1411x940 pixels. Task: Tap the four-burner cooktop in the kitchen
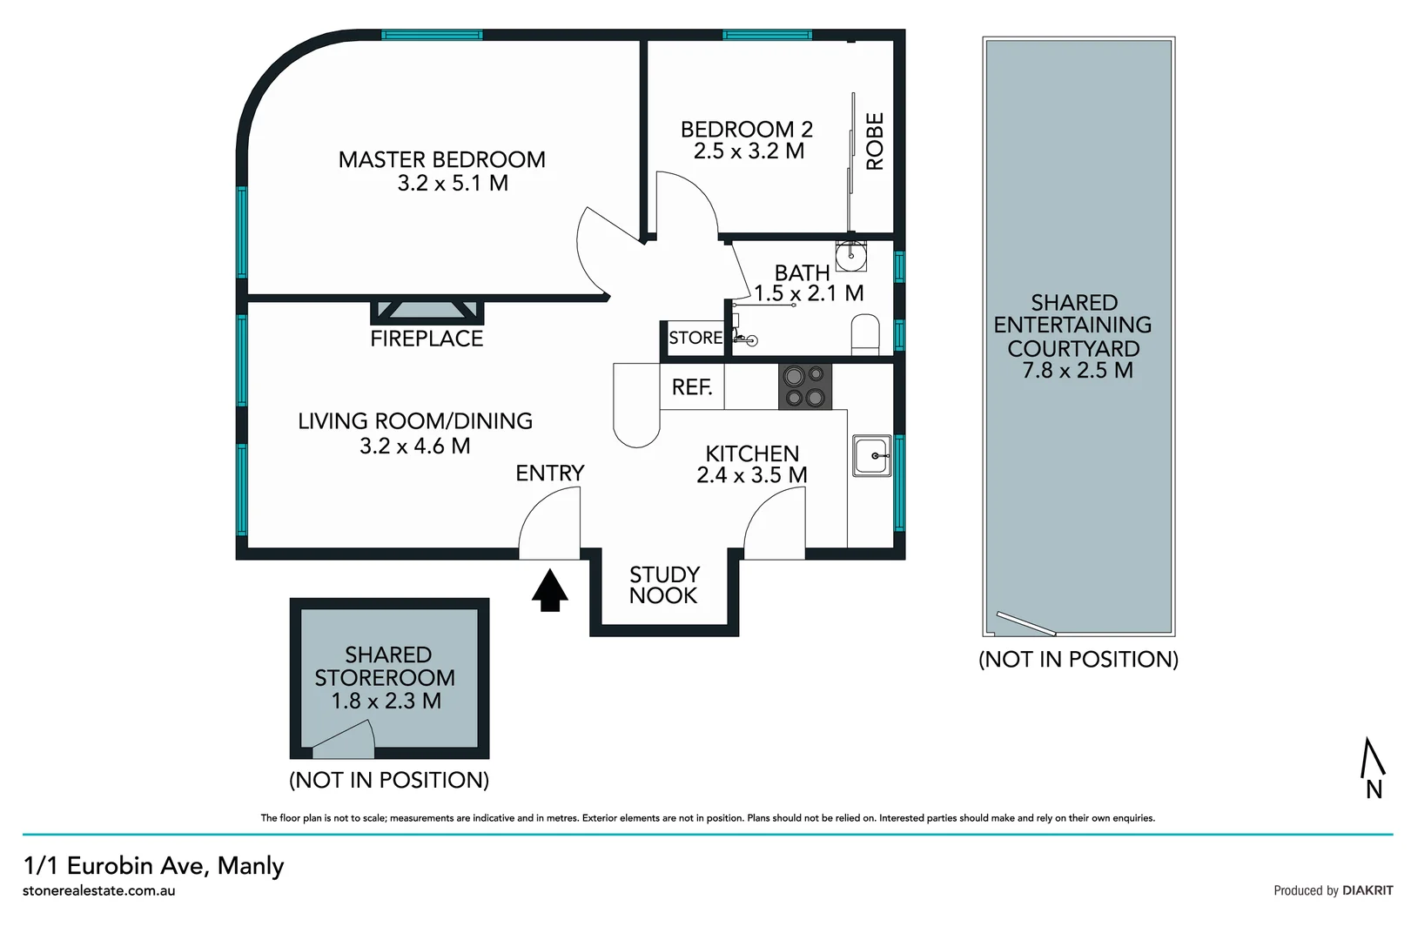point(804,386)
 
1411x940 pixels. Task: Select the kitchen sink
point(871,455)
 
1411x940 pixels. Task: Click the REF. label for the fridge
point(692,386)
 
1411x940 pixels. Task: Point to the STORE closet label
point(695,338)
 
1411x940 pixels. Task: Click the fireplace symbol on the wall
point(427,311)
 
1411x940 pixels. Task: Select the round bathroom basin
point(850,256)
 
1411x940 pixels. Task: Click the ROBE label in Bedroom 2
point(875,141)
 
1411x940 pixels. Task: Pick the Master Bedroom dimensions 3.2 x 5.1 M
point(453,184)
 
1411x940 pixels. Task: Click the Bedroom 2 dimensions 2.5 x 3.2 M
point(749,151)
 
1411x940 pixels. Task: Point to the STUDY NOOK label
point(664,585)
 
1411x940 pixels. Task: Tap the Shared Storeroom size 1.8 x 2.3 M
point(386,701)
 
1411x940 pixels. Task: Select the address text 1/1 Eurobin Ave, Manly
point(154,866)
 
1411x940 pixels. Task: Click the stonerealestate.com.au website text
point(99,890)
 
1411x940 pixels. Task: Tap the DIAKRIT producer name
point(1367,890)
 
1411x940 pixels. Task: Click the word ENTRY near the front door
point(549,473)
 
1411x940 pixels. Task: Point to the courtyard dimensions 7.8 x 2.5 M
point(1078,370)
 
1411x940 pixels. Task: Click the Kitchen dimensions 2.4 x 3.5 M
point(752,475)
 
